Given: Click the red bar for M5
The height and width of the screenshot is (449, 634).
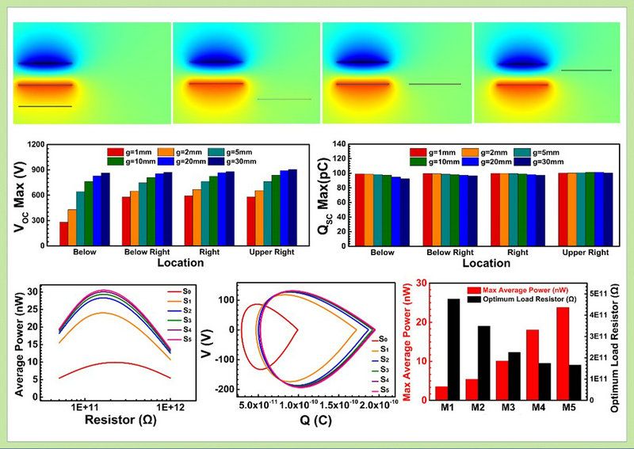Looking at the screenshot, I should [562, 353].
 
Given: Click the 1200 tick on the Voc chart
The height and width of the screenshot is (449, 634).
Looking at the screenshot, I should [36, 146].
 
